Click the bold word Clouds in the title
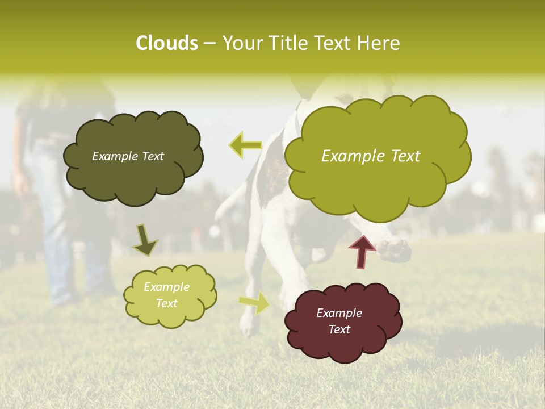point(166,43)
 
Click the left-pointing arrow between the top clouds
point(245,145)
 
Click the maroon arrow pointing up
point(362,251)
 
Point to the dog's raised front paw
point(395,250)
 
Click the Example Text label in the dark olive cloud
point(128,156)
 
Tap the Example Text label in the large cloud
point(371,156)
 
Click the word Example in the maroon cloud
point(339,313)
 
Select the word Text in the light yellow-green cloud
point(166,303)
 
